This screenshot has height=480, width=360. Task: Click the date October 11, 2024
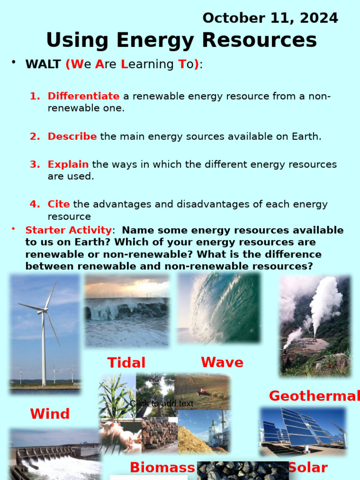270,18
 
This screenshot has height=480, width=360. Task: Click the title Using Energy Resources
181,40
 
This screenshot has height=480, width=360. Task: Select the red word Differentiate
83,96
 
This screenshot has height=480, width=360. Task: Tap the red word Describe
72,136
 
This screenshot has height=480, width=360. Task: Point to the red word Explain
68,165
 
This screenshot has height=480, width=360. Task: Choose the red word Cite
59,204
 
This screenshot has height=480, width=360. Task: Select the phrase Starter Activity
68,230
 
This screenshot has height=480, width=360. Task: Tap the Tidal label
126,363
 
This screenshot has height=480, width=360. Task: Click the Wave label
222,362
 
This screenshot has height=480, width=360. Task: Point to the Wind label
50,414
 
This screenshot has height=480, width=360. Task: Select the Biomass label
162,467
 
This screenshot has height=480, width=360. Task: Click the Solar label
307,467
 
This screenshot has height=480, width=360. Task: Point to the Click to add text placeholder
162,404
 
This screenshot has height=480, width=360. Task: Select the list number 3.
35,165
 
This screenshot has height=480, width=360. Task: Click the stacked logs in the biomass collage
159,434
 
